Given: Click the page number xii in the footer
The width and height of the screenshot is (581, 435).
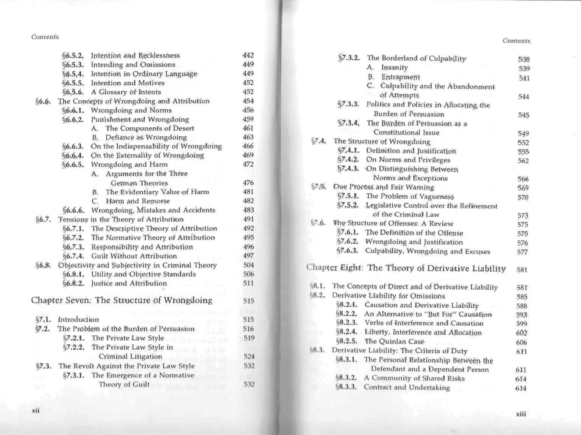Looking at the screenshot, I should pos(36,410).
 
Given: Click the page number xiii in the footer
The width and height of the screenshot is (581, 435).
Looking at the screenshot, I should pos(521,414).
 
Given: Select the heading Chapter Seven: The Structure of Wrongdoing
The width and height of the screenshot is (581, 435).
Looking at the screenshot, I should pos(121,301).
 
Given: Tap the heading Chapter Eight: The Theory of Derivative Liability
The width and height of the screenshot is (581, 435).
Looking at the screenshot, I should pos(406,268).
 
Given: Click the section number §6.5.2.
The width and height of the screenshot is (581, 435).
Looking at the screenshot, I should pos(73,56).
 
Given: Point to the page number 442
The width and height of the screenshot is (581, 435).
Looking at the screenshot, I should pos(248,56).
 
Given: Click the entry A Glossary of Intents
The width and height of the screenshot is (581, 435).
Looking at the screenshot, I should pos(126,92).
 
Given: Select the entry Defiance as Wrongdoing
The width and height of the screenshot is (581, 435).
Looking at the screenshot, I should pos(146,137).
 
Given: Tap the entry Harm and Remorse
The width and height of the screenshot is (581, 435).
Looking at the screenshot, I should pos(138,201).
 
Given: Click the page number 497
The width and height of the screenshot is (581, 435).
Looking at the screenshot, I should pos(249,256).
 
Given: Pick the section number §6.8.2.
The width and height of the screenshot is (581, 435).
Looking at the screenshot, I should pos(73,284).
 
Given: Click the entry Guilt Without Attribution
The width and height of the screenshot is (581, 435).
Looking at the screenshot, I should pos(134,256).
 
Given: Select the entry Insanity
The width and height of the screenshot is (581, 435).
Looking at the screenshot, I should pos(394,68).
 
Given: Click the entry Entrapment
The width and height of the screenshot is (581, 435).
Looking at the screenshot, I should pos(400,77).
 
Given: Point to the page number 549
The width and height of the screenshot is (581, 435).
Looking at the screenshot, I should pos(524,134).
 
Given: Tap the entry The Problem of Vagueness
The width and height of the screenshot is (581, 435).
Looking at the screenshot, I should pos(410,196).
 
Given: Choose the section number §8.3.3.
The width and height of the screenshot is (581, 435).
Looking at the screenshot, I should pos(346,387).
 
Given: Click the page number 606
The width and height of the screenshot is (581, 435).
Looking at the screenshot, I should pos(522,342).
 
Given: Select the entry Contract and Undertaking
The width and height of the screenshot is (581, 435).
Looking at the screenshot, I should pos(407,387).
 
